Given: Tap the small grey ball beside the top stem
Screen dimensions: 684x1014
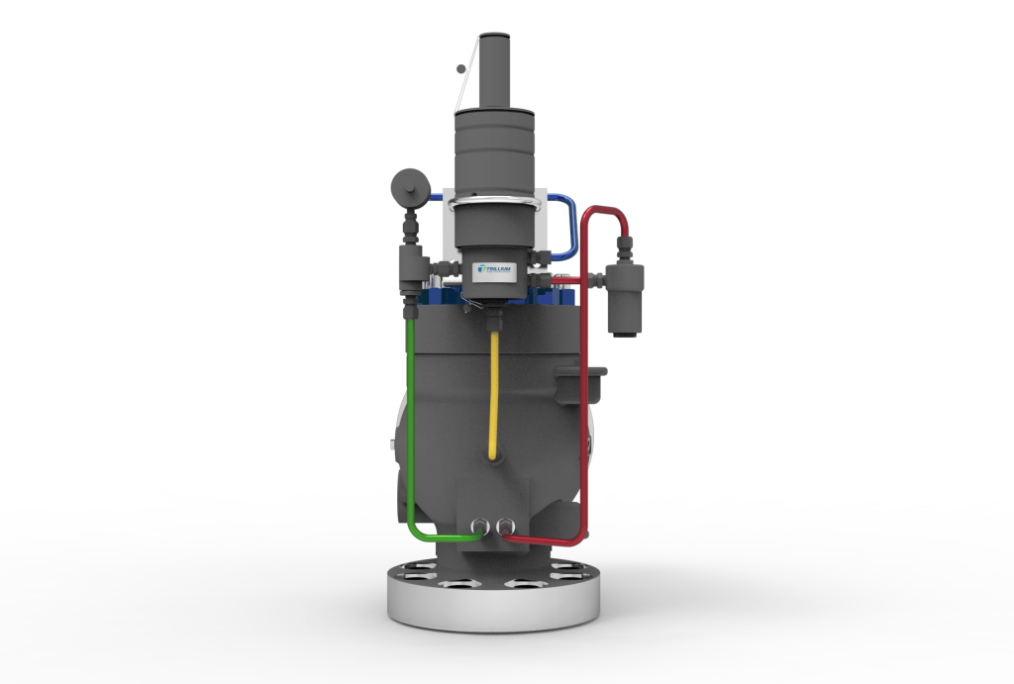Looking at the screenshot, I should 458,68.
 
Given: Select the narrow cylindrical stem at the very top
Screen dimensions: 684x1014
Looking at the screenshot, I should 493,69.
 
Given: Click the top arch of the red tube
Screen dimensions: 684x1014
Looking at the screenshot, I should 603,211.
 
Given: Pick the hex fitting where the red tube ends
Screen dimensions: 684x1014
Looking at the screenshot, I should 506,526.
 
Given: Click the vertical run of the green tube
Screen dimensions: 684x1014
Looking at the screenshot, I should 409,416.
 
